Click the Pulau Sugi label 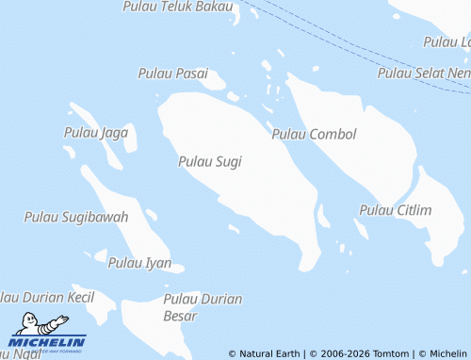tap(209, 162)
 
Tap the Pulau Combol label tap(314, 135)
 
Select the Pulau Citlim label tap(395, 209)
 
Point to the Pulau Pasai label tap(172, 74)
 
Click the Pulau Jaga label tap(96, 132)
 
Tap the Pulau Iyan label tap(139, 263)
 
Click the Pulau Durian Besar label tap(203, 307)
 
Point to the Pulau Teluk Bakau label tap(177, 7)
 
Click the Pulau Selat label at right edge tap(423, 73)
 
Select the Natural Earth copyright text tap(265, 353)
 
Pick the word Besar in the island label tap(179, 316)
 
